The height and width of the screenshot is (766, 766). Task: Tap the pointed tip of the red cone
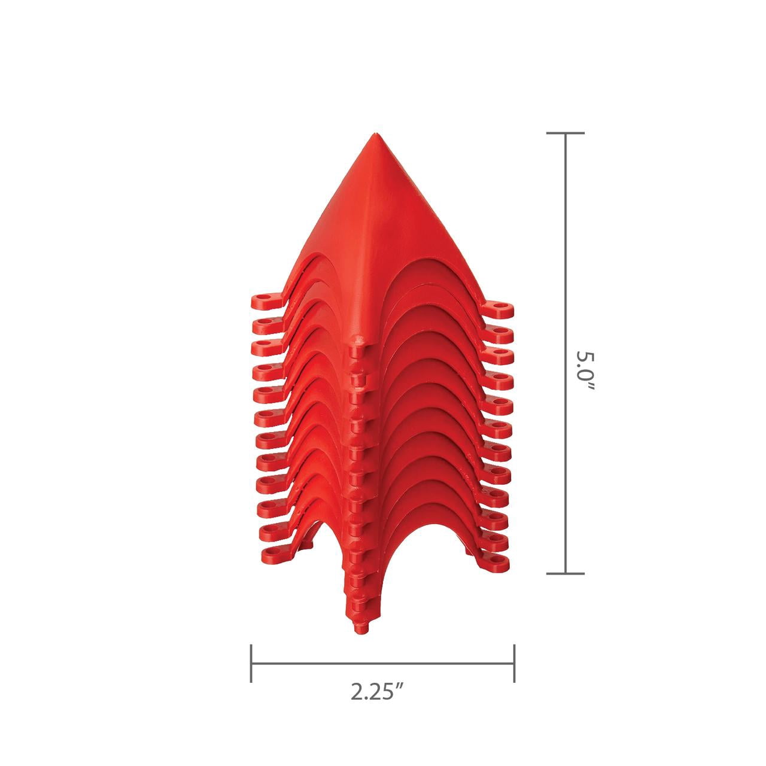(x=375, y=135)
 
